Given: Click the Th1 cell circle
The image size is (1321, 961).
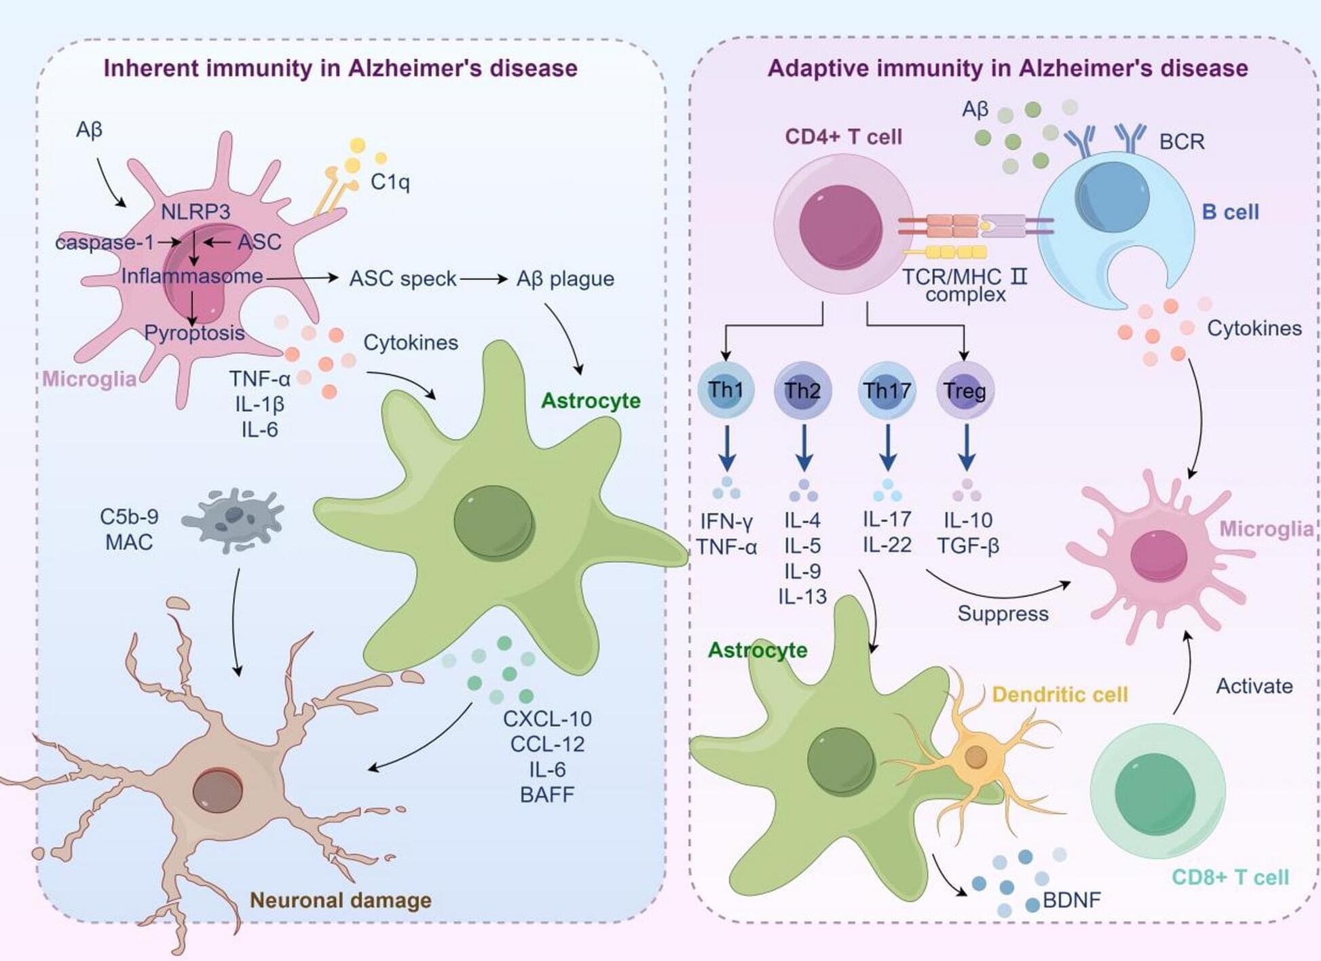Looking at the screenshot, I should (x=726, y=390).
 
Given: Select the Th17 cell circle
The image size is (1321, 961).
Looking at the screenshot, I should (x=887, y=390).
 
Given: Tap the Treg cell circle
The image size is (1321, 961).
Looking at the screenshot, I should (x=965, y=391).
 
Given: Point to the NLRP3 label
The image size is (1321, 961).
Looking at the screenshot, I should (x=196, y=212).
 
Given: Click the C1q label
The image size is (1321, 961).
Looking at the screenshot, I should (x=390, y=181).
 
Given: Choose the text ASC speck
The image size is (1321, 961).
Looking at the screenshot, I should (x=403, y=278).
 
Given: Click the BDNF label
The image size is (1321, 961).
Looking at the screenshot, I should (x=1071, y=900).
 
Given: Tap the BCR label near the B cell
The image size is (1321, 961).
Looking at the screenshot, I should (x=1182, y=141).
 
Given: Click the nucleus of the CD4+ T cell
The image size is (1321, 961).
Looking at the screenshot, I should (x=840, y=227).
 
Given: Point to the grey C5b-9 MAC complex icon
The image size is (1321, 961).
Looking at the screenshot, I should (x=233, y=519).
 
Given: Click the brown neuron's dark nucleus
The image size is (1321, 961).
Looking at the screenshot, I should (x=217, y=791).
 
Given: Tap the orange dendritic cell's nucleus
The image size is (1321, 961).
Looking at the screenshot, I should (x=975, y=756).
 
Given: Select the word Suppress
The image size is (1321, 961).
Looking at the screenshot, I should (x=1003, y=613).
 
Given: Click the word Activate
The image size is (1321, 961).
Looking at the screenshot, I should (x=1254, y=686).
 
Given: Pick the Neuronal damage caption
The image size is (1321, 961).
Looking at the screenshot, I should (x=341, y=900).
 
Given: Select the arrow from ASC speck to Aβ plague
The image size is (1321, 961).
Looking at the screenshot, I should (x=483, y=278).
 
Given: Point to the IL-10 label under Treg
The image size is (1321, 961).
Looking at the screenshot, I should (x=968, y=520).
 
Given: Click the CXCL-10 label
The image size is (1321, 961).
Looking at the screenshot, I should (x=547, y=719).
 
